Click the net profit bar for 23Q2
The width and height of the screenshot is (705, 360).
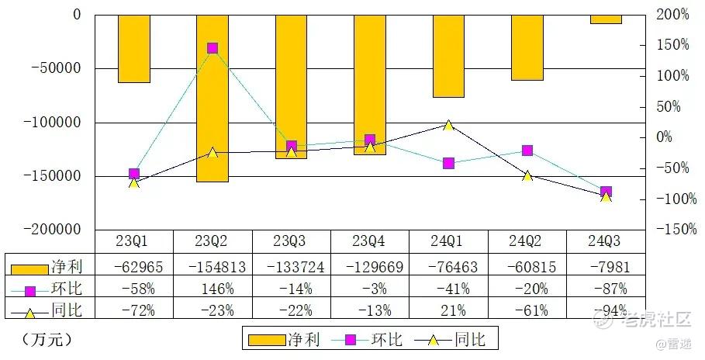click(213, 99)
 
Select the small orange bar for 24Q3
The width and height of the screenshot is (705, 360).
click(606, 19)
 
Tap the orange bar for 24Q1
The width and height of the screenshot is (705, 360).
click(449, 56)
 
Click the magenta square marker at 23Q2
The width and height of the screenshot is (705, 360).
click(213, 48)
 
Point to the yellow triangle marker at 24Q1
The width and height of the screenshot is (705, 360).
click(448, 125)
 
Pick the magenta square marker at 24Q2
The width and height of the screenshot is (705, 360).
click(527, 151)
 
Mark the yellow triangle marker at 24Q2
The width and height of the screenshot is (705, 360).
click(527, 175)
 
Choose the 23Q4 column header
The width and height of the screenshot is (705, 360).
click(368, 241)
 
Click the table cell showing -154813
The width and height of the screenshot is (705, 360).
click(217, 268)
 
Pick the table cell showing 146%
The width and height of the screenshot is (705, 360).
click(218, 289)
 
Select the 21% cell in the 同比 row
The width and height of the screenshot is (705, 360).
click(454, 310)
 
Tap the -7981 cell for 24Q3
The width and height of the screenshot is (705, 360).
click(610, 268)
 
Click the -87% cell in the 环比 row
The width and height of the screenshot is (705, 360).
click(610, 289)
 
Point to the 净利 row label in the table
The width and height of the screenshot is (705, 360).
click(67, 267)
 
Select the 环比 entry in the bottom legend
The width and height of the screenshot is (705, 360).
click(367, 339)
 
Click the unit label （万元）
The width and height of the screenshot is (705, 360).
click(47, 339)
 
